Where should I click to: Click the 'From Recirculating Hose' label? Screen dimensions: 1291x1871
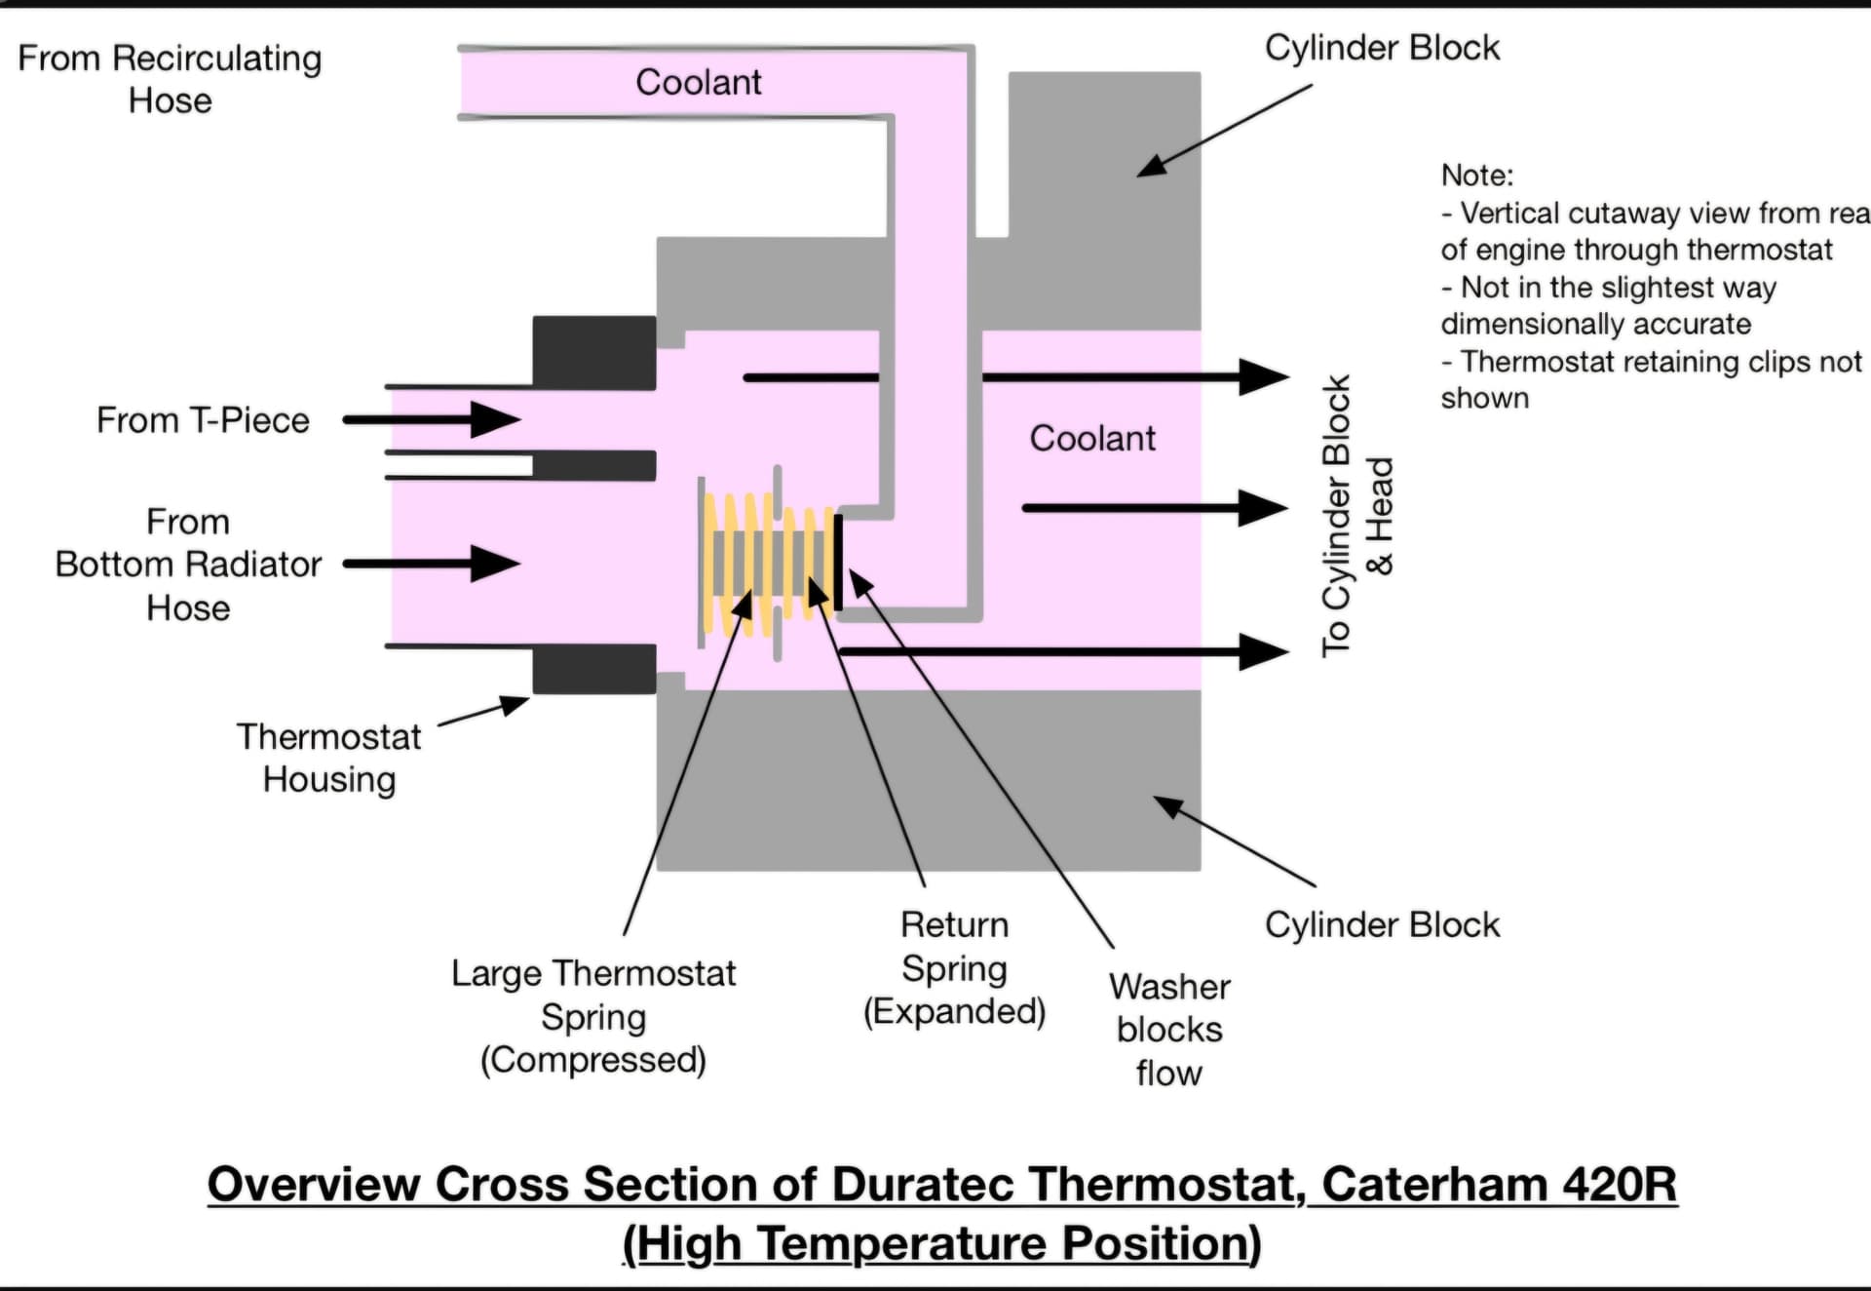tap(170, 79)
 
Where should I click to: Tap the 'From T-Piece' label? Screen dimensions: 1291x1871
tap(203, 420)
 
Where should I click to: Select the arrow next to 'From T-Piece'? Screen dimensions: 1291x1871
tap(433, 420)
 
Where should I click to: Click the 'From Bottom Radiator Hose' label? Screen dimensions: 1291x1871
tap(188, 565)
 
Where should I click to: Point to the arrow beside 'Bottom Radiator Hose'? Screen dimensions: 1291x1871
tap(433, 564)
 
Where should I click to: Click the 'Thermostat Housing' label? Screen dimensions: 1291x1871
tap(329, 758)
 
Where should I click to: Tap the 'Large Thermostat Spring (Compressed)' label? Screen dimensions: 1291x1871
tap(593, 1016)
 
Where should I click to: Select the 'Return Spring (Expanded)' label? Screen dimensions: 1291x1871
tap(954, 967)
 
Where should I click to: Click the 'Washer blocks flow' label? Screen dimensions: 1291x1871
tap(1169, 1030)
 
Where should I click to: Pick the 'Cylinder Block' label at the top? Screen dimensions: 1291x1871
tap(1382, 48)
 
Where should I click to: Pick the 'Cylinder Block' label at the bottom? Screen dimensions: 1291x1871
tap(1382, 924)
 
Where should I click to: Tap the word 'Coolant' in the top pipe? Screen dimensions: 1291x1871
tap(698, 82)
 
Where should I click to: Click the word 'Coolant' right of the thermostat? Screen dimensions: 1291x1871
tap(1092, 438)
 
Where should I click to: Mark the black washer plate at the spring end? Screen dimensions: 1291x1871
tap(838, 563)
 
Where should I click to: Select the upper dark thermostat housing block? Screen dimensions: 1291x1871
tap(593, 352)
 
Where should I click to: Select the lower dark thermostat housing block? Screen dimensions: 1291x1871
tap(593, 669)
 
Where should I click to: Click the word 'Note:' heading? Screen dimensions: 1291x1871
tap(1477, 176)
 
